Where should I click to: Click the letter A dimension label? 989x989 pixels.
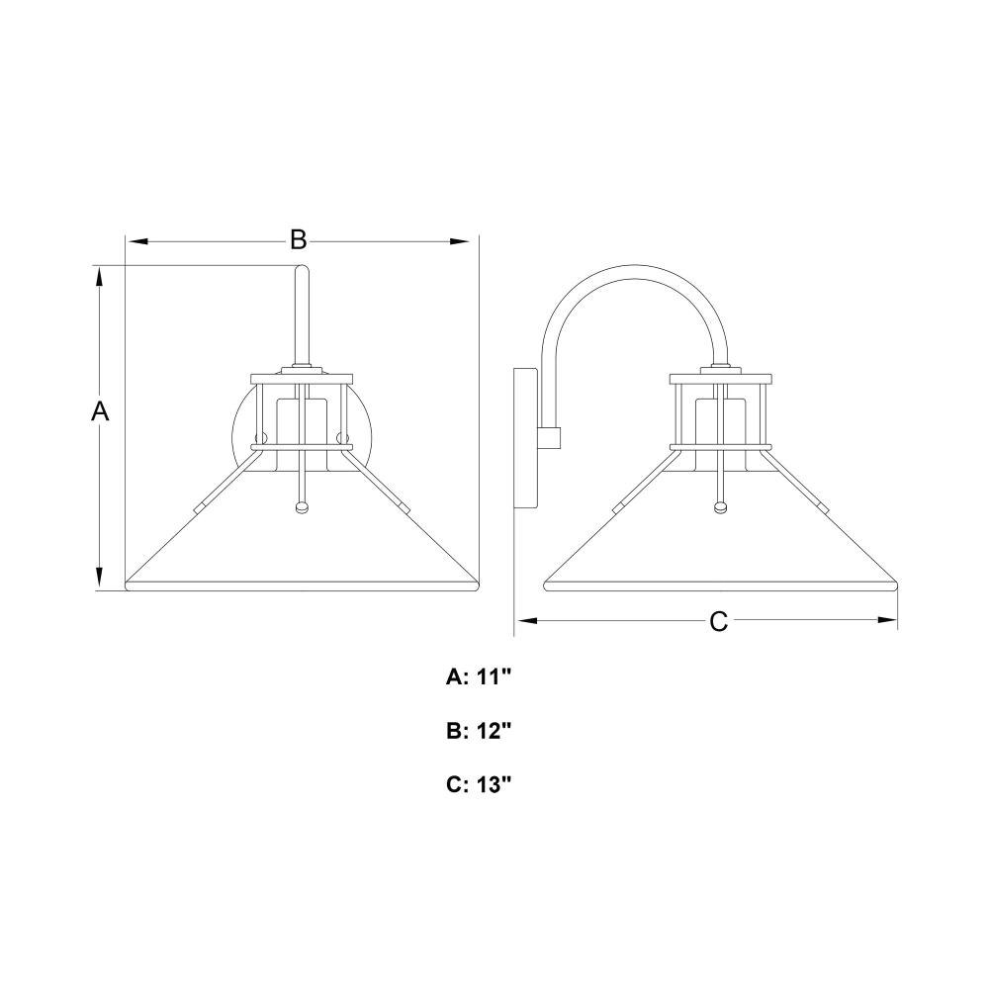[x=100, y=411]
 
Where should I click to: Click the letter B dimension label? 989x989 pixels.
[x=298, y=240]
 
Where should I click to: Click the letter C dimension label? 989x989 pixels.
[x=718, y=621]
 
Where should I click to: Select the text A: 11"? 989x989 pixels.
[x=478, y=677]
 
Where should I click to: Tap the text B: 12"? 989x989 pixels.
[x=478, y=731]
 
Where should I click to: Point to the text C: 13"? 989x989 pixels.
[x=478, y=784]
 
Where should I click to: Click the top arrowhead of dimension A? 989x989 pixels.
[x=99, y=276]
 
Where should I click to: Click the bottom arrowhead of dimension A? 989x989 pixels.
[x=99, y=579]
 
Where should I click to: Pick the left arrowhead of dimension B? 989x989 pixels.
[x=136, y=241]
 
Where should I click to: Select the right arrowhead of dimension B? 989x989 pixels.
[x=459, y=241]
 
